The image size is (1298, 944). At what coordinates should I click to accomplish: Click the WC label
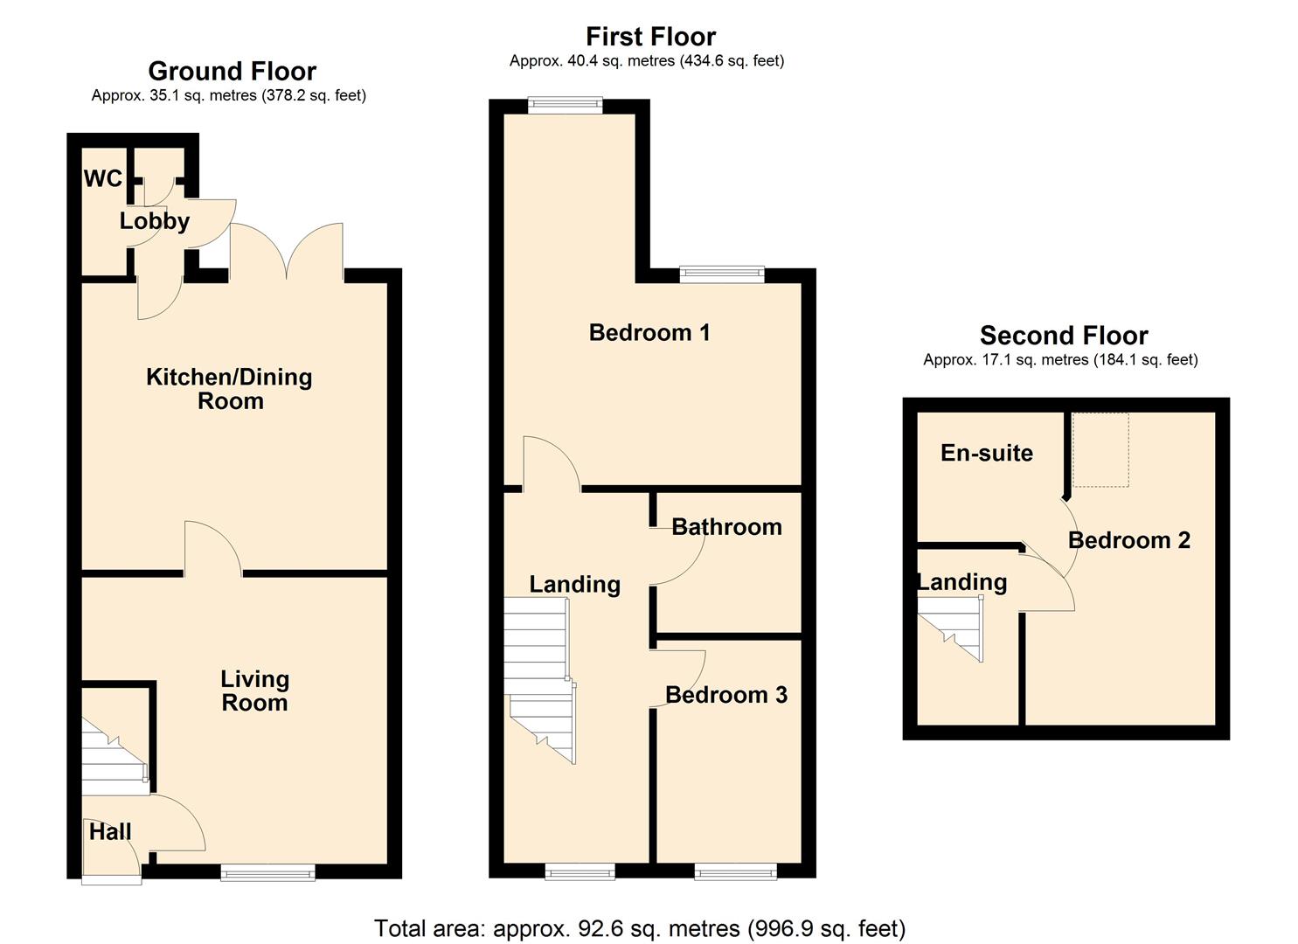(103, 179)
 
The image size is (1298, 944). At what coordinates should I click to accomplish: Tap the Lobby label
(155, 221)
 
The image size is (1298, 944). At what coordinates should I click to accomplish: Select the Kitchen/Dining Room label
(230, 389)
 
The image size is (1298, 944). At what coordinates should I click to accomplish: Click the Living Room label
(254, 691)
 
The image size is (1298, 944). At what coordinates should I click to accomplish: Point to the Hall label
(110, 832)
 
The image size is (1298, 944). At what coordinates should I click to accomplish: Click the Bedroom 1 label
(649, 333)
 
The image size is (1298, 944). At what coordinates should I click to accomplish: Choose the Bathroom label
(726, 527)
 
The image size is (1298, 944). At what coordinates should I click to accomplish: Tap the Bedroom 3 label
(726, 695)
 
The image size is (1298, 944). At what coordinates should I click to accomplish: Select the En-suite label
(987, 453)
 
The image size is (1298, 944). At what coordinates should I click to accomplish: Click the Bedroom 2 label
(1129, 540)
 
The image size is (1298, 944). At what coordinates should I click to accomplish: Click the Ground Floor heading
(232, 71)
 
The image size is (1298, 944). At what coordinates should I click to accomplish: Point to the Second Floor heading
(1064, 336)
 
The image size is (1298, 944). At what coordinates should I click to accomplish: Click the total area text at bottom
(640, 928)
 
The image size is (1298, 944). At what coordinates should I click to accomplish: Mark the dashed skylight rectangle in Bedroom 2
(1101, 449)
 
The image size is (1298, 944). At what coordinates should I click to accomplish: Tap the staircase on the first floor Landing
(539, 673)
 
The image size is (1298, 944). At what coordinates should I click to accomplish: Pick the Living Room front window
(267, 871)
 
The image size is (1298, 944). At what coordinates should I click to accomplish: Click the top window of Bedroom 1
(566, 106)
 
